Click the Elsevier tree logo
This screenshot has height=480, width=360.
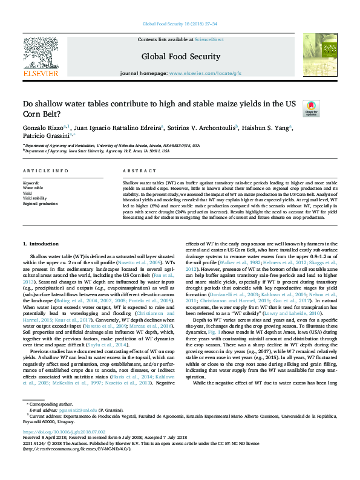click(41, 54)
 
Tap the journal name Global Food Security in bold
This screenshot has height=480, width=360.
click(180, 57)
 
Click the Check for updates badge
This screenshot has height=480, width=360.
click(311, 108)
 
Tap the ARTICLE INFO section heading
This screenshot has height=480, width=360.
click(45, 172)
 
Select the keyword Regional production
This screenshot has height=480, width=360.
click(41, 204)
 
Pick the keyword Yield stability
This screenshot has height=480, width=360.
click(35, 198)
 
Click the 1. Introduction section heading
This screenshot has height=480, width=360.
click(41, 260)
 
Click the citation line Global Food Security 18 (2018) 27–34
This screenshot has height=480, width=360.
click(180, 24)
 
